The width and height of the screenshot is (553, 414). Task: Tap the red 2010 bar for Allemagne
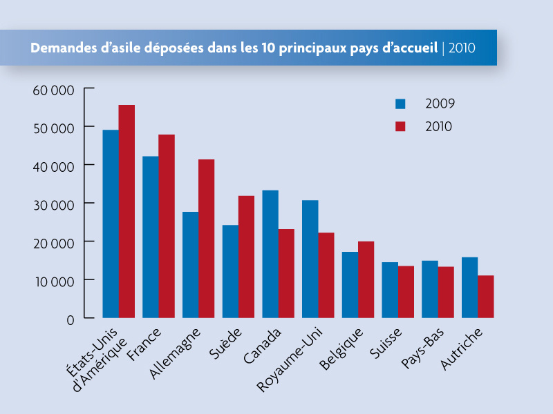click(x=206, y=239)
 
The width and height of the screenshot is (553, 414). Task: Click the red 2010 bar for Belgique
click(x=366, y=279)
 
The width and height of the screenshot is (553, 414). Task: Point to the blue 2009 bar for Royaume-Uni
click(x=310, y=259)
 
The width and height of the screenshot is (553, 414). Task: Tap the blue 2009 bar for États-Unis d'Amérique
click(x=111, y=224)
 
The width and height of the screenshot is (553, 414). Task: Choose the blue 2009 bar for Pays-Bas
click(x=429, y=289)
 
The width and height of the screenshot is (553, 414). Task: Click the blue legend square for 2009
click(x=400, y=104)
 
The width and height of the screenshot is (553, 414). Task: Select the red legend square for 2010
click(x=400, y=126)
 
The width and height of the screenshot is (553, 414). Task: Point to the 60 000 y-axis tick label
click(x=53, y=90)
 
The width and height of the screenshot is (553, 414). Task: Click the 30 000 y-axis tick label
click(x=53, y=204)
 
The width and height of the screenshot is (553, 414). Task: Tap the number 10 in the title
click(x=269, y=48)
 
